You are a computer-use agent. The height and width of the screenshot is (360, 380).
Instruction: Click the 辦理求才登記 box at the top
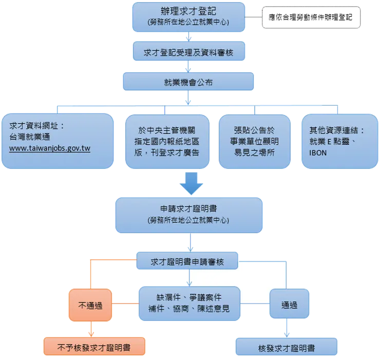188,16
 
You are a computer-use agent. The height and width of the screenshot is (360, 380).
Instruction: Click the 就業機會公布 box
188,82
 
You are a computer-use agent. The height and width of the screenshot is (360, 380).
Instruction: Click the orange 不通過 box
90,305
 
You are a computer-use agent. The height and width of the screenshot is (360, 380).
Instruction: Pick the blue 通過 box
289,305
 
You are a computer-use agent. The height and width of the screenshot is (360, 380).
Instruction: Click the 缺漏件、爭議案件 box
189,304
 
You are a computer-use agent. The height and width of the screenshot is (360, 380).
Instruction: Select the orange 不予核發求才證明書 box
94,347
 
